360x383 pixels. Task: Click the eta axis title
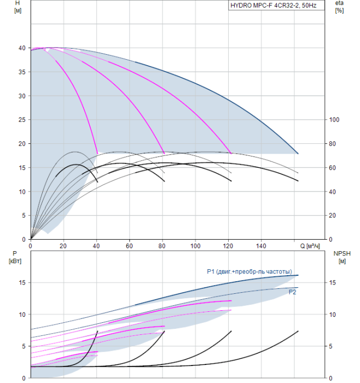pyautogui.click(x=339, y=7)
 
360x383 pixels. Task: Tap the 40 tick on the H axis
pyautogui.click(x=22, y=48)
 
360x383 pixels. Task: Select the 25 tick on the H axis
pyautogui.click(x=22, y=120)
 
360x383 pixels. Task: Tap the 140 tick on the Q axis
pyautogui.click(x=262, y=246)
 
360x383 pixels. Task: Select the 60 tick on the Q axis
pyautogui.click(x=130, y=246)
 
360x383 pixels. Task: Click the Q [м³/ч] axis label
pyautogui.click(x=311, y=246)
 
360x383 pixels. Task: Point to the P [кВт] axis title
pyautogui.click(x=15, y=257)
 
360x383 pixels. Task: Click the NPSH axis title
pyautogui.click(x=341, y=257)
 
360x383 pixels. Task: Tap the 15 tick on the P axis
pyautogui.click(x=22, y=283)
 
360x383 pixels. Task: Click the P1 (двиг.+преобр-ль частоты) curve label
pyautogui.click(x=249, y=272)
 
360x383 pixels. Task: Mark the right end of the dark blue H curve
pyautogui.click(x=298, y=154)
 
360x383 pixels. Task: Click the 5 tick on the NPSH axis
pyautogui.click(x=334, y=346)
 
